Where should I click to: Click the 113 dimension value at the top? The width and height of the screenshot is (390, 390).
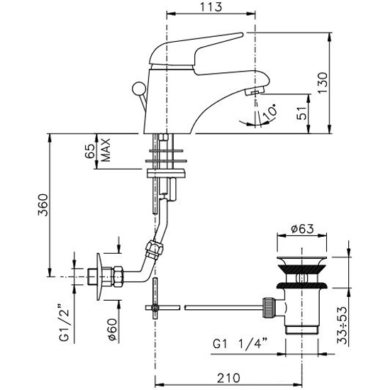point(211,6)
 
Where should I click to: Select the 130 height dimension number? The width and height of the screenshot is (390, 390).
point(323,83)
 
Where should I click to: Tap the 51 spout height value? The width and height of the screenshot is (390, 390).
point(302,113)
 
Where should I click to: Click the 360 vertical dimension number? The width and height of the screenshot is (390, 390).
point(43,205)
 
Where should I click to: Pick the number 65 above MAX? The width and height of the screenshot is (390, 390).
point(90,151)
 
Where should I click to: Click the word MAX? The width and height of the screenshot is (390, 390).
point(106,150)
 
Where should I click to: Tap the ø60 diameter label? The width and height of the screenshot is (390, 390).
point(113,329)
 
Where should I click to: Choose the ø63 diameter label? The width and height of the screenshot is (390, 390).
point(302,228)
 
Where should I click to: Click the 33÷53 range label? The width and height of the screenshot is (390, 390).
point(342,325)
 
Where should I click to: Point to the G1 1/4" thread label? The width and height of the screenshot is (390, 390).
point(240,345)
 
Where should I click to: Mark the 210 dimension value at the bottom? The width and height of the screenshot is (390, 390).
point(228,378)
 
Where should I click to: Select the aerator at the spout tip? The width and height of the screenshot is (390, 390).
point(254,92)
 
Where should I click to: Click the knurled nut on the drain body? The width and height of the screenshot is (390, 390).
point(269,308)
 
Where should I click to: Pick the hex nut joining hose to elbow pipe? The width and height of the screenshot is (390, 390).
point(155,249)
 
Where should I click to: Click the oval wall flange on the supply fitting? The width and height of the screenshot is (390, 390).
point(99,277)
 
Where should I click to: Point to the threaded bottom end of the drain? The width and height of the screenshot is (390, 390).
point(301,330)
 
